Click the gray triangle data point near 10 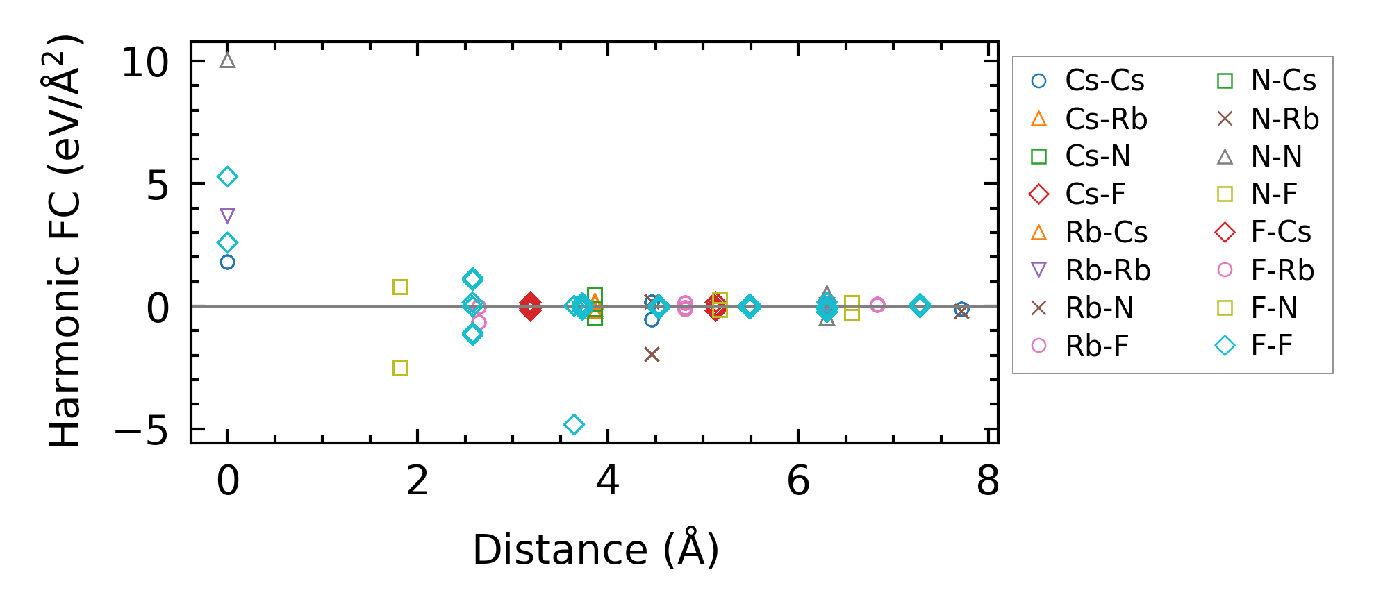(227, 60)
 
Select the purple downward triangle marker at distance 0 (227, 216)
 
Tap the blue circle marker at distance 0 (227, 262)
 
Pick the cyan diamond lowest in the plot (574, 424)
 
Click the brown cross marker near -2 (652, 355)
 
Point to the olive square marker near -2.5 (400, 368)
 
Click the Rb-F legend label (1097, 346)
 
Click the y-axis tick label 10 (144, 63)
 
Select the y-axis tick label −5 (142, 431)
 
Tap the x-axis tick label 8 (988, 481)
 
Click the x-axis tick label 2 (417, 481)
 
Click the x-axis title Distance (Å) (595, 550)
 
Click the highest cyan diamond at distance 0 (227, 177)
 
